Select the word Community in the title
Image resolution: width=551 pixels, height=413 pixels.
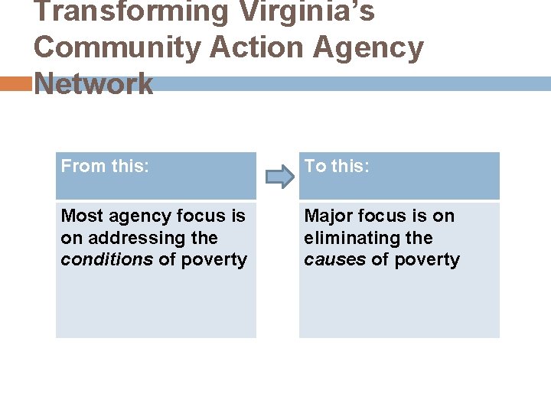tap(115, 47)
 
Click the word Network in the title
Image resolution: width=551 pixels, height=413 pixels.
tap(94, 83)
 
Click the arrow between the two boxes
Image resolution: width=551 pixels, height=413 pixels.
tap(279, 177)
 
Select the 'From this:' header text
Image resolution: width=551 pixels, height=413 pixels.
tap(105, 166)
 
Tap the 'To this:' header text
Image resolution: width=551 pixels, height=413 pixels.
tap(337, 166)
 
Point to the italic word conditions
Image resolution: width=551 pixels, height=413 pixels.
tap(107, 260)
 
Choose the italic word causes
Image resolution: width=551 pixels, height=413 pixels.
tap(335, 260)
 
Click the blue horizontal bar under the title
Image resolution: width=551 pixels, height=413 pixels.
tap(352, 84)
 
